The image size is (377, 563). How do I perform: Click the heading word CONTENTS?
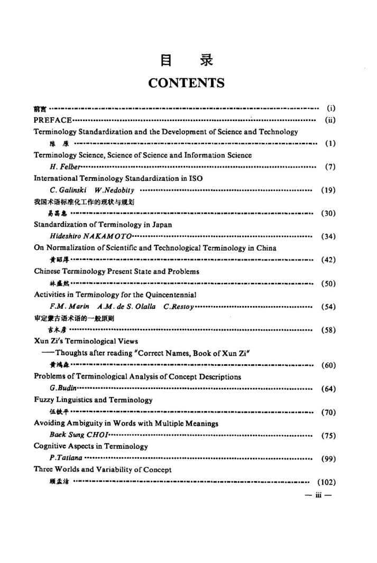pos(187,84)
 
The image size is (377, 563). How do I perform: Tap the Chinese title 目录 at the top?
pos(188,62)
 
